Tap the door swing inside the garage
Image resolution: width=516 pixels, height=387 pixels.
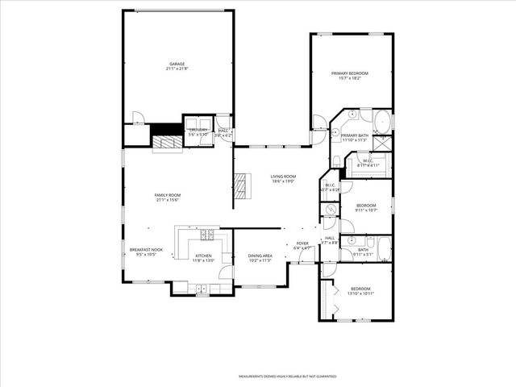point(138,119)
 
